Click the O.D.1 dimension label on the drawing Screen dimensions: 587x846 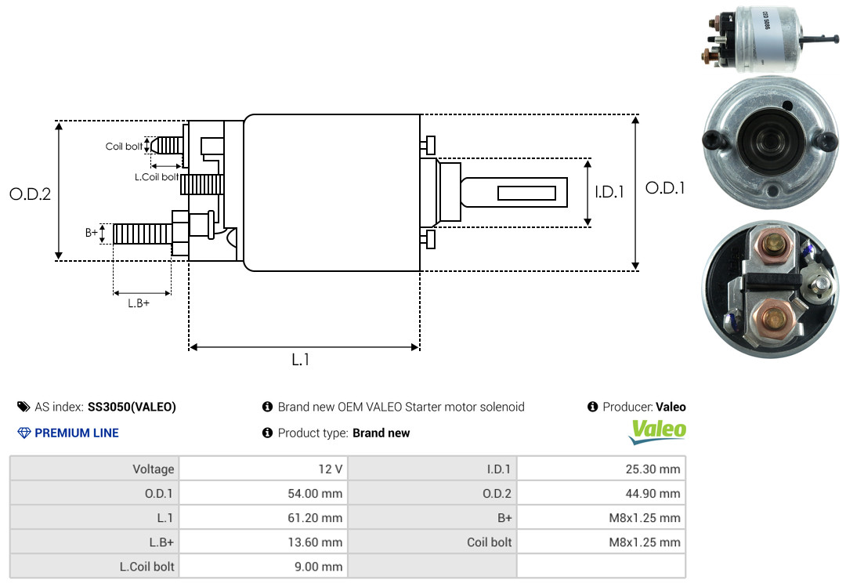click(665, 188)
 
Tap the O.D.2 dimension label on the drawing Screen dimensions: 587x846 click(30, 194)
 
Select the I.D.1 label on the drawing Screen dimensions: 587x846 click(609, 192)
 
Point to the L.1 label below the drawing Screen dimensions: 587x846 click(302, 360)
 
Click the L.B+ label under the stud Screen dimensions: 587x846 click(139, 303)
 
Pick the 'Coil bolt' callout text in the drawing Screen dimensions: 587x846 click(124, 147)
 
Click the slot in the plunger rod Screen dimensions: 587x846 click(527, 193)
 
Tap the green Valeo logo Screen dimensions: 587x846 click(659, 430)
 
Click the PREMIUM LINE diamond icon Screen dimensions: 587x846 click(23, 433)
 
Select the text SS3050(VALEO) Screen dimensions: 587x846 click(132, 407)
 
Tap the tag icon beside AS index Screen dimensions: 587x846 click(23, 407)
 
